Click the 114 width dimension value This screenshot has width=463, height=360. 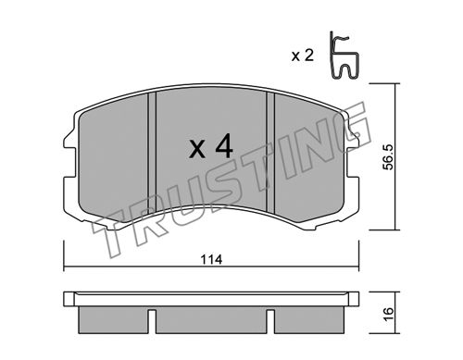[211, 260]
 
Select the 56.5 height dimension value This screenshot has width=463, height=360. [388, 157]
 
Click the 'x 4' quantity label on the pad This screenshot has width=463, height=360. [211, 146]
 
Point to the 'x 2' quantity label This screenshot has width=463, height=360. [303, 56]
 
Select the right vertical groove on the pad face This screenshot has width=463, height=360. [270, 153]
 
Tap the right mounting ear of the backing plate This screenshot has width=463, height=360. [353, 160]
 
